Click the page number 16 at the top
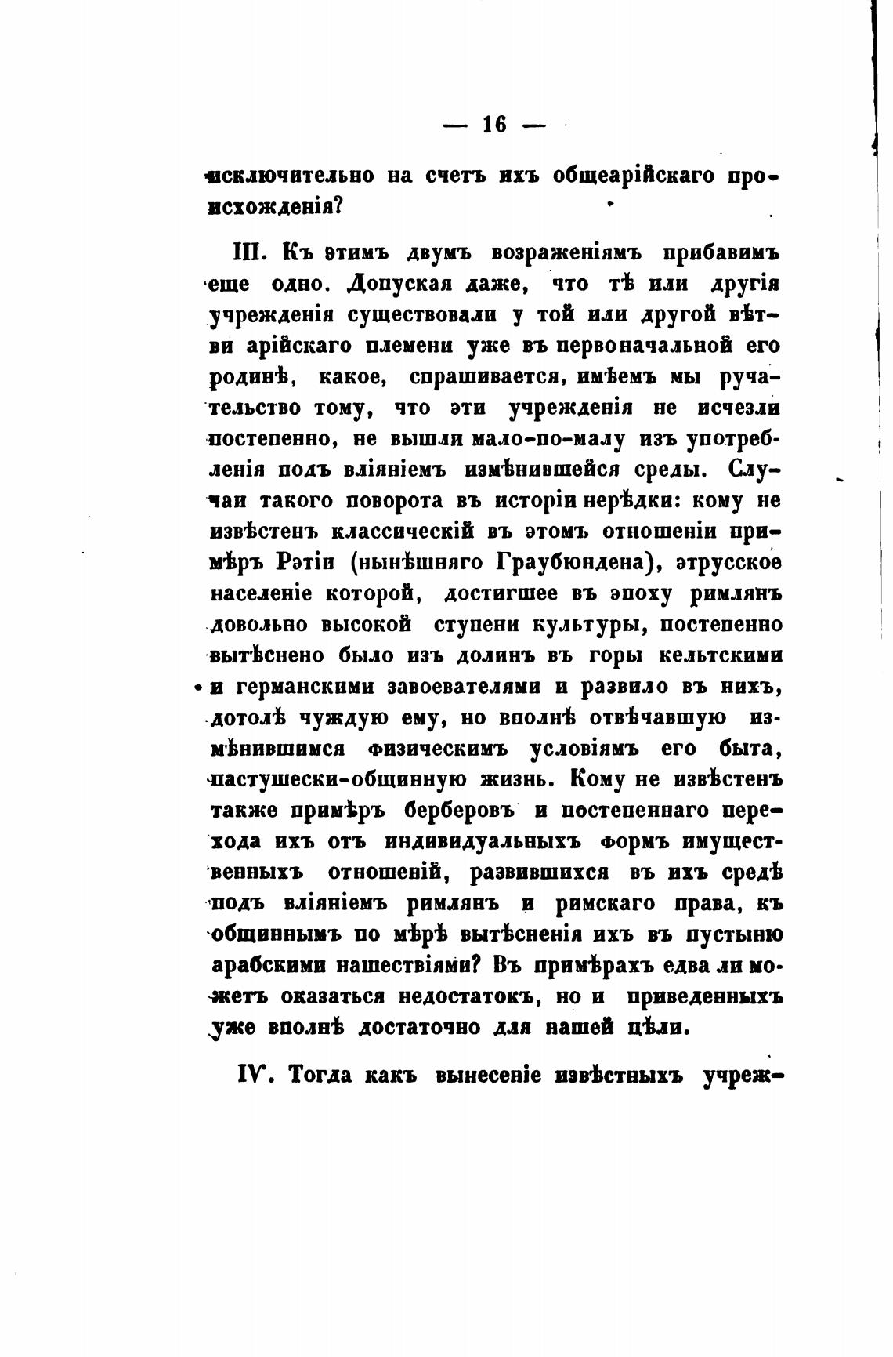(x=495, y=125)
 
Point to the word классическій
(x=403, y=532)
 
